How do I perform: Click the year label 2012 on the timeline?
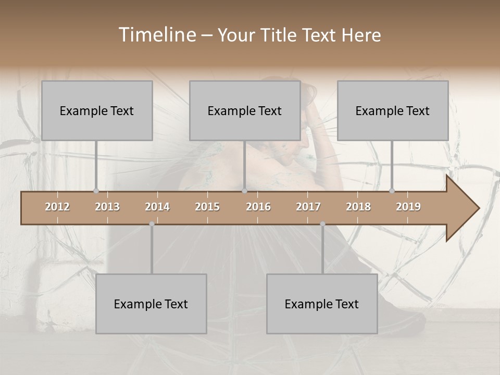(x=57, y=207)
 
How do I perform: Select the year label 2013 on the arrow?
(x=107, y=207)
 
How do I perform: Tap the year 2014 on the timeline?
(x=157, y=207)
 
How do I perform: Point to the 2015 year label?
(x=207, y=207)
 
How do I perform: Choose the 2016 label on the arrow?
(x=258, y=207)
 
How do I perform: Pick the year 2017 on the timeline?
(x=308, y=207)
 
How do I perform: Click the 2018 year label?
(x=358, y=207)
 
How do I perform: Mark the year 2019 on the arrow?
(x=408, y=207)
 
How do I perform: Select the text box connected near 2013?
(x=97, y=110)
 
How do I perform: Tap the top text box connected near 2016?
(x=245, y=110)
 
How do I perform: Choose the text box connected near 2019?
(x=393, y=110)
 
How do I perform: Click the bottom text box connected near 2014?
(x=151, y=304)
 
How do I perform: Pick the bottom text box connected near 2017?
(x=322, y=304)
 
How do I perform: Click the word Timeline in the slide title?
(x=157, y=35)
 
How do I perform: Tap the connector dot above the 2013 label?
(x=96, y=191)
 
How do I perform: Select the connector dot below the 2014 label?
(x=152, y=224)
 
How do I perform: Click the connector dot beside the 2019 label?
(x=392, y=191)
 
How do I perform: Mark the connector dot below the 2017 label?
(x=322, y=224)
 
